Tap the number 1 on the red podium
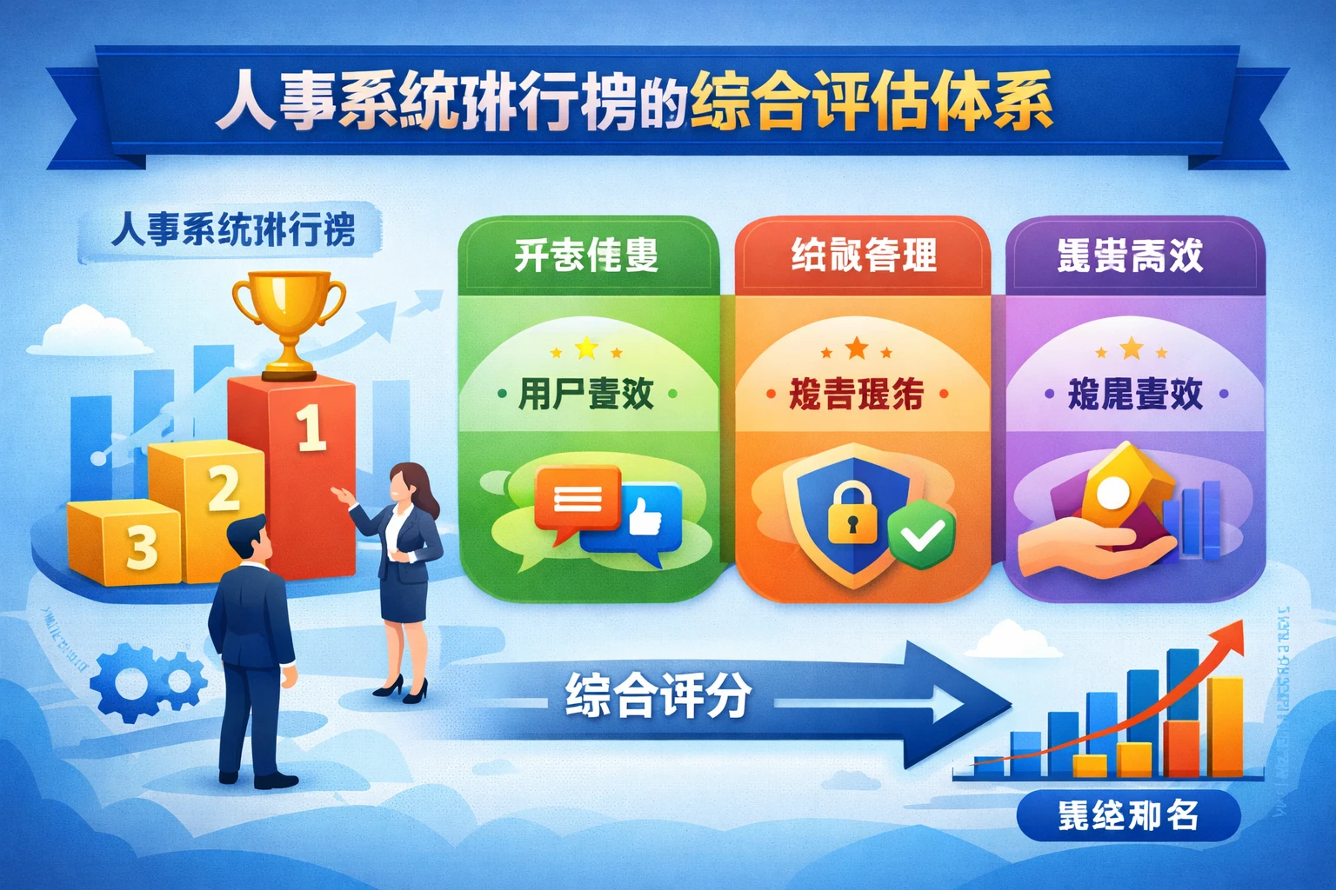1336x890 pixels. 311,428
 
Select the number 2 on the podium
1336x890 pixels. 224,488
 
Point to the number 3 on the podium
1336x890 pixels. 142,548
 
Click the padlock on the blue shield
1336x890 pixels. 852,513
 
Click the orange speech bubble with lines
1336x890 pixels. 577,499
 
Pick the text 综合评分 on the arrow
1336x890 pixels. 658,696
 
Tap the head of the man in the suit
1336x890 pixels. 250,539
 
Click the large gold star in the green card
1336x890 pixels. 586,349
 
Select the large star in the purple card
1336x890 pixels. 1131,349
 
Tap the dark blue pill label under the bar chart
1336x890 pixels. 1127,815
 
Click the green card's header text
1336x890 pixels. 586,256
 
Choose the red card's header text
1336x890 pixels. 863,256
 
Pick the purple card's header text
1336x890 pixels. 1130,256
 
